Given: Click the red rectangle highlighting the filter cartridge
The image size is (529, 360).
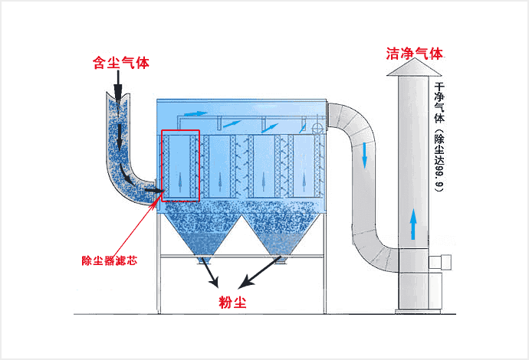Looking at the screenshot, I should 180,165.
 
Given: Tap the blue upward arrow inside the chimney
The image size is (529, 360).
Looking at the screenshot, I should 412,223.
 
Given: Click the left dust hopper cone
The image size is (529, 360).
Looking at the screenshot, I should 202,234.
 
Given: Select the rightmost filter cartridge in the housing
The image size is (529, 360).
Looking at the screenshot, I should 301,165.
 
